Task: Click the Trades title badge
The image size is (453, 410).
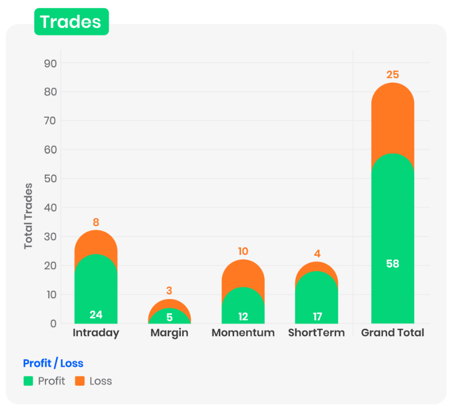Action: tap(71, 22)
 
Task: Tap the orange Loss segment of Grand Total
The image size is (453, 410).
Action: tap(392, 121)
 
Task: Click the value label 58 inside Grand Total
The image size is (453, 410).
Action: tap(392, 263)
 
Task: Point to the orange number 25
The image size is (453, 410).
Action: tap(392, 74)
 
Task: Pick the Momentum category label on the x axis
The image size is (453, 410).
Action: tap(243, 333)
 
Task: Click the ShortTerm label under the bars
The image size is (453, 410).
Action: tap(316, 333)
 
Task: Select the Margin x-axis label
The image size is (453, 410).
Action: tap(169, 333)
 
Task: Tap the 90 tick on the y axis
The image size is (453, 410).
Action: tap(51, 63)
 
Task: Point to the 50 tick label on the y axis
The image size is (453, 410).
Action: tap(51, 179)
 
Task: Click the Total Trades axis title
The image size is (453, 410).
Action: tap(28, 216)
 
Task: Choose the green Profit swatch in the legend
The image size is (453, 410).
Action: tap(28, 380)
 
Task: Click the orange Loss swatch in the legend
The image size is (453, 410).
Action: tap(80, 380)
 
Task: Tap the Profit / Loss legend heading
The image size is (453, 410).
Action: tap(53, 363)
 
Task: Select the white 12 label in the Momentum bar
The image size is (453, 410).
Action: tap(243, 316)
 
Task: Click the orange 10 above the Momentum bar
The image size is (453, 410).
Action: tap(243, 251)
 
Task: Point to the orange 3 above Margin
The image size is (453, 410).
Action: tap(169, 290)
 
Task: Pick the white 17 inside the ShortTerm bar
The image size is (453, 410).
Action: tap(317, 316)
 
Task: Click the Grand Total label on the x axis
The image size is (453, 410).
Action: tap(392, 333)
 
